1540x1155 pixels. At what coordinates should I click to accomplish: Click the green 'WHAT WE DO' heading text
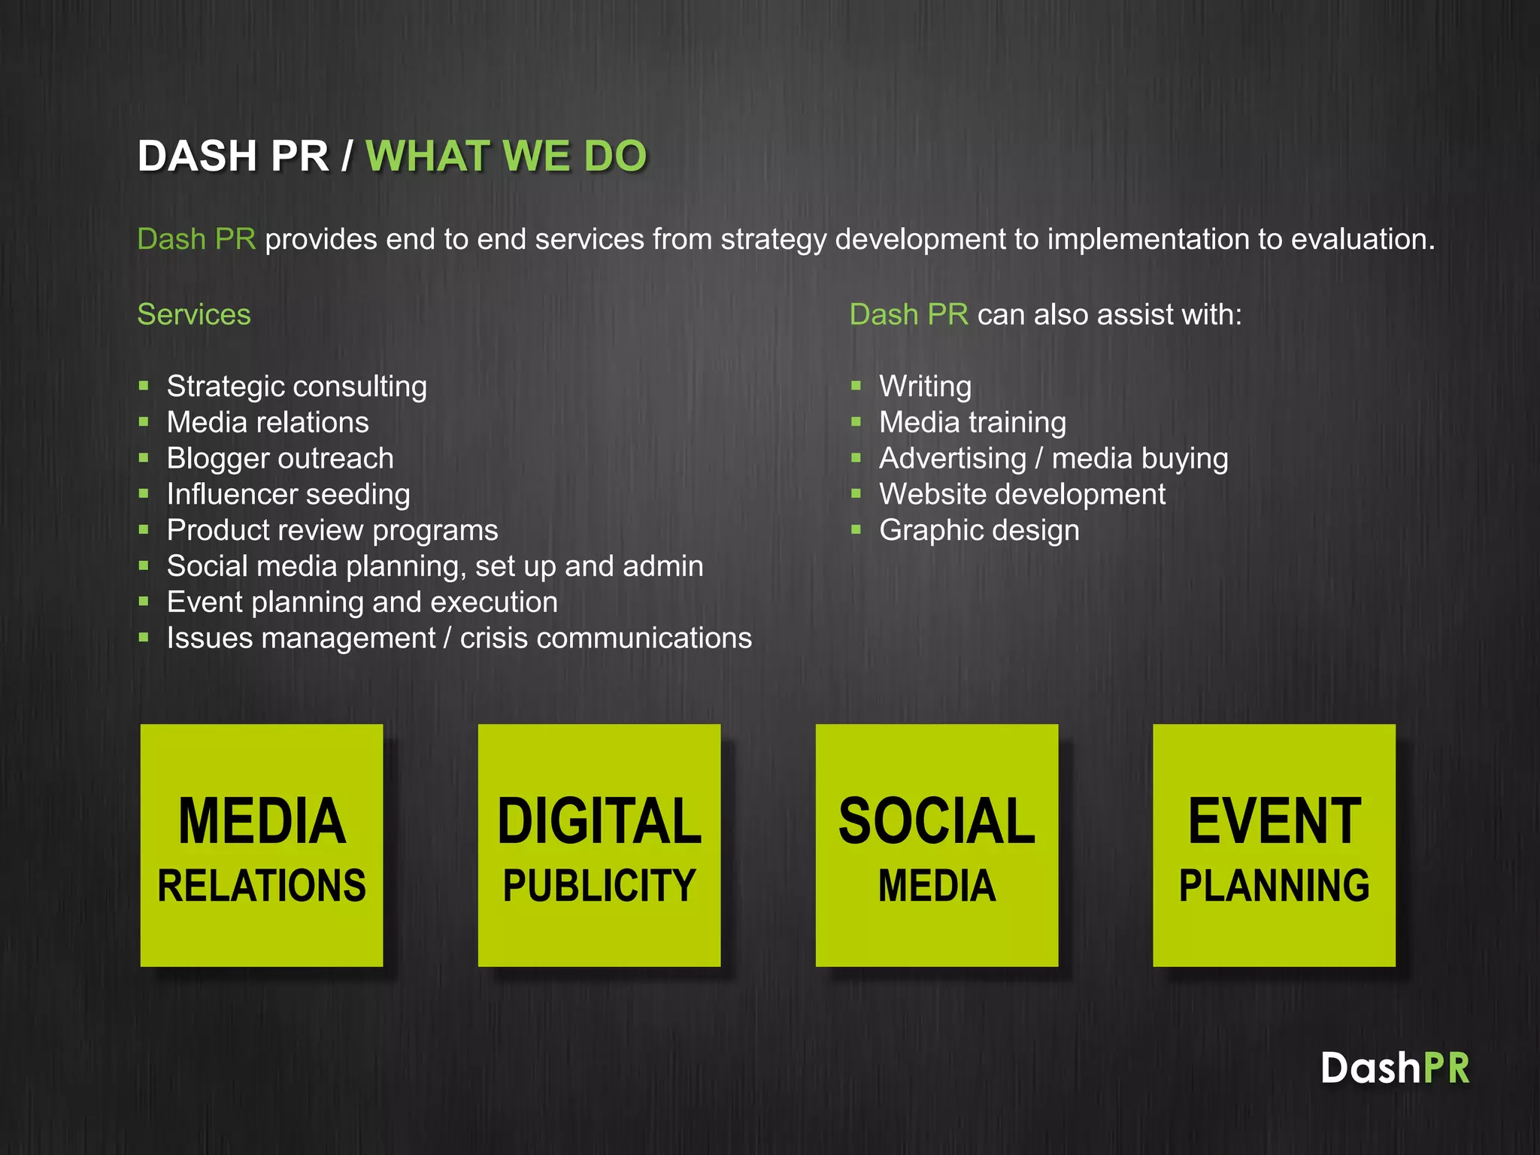click(506, 156)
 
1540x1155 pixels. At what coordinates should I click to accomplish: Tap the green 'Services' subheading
click(194, 314)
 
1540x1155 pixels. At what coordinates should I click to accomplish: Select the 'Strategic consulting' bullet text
click(296, 387)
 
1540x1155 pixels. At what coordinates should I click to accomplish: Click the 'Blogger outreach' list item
click(280, 459)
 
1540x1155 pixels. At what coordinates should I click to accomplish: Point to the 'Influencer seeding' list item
click(288, 495)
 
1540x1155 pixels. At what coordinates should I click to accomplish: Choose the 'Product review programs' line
click(332, 530)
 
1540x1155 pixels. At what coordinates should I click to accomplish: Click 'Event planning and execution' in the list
click(362, 602)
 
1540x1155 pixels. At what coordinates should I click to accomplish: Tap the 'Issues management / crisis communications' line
click(459, 638)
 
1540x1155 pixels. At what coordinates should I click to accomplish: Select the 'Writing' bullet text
click(925, 387)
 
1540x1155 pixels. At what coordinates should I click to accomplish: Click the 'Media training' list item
click(972, 423)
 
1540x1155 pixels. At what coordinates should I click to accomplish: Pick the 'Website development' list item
click(1022, 495)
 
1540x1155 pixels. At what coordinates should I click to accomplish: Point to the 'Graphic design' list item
click(979, 530)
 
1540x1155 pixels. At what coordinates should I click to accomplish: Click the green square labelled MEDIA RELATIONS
click(262, 845)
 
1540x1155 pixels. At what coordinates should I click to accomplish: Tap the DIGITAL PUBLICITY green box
click(599, 845)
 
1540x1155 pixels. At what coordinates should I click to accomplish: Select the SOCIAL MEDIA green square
click(937, 845)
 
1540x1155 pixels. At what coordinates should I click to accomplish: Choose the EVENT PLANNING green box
click(1274, 845)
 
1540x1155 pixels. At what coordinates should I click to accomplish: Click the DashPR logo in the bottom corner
click(1395, 1068)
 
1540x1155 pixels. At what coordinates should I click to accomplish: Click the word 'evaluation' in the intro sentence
click(1362, 239)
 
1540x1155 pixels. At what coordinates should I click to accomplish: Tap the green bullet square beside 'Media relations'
click(144, 422)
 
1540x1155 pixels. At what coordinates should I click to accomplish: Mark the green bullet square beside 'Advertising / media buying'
click(856, 458)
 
